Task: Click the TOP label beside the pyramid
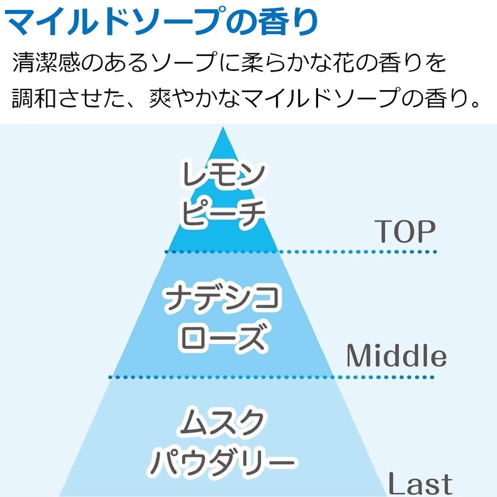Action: click(404, 232)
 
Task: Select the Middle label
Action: click(396, 357)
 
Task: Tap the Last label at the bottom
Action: click(420, 483)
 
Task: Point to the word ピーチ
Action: click(223, 211)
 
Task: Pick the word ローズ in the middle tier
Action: click(223, 339)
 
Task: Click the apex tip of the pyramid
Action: click(223, 129)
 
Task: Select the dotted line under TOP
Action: click(301, 252)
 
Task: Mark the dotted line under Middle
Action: click(273, 377)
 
